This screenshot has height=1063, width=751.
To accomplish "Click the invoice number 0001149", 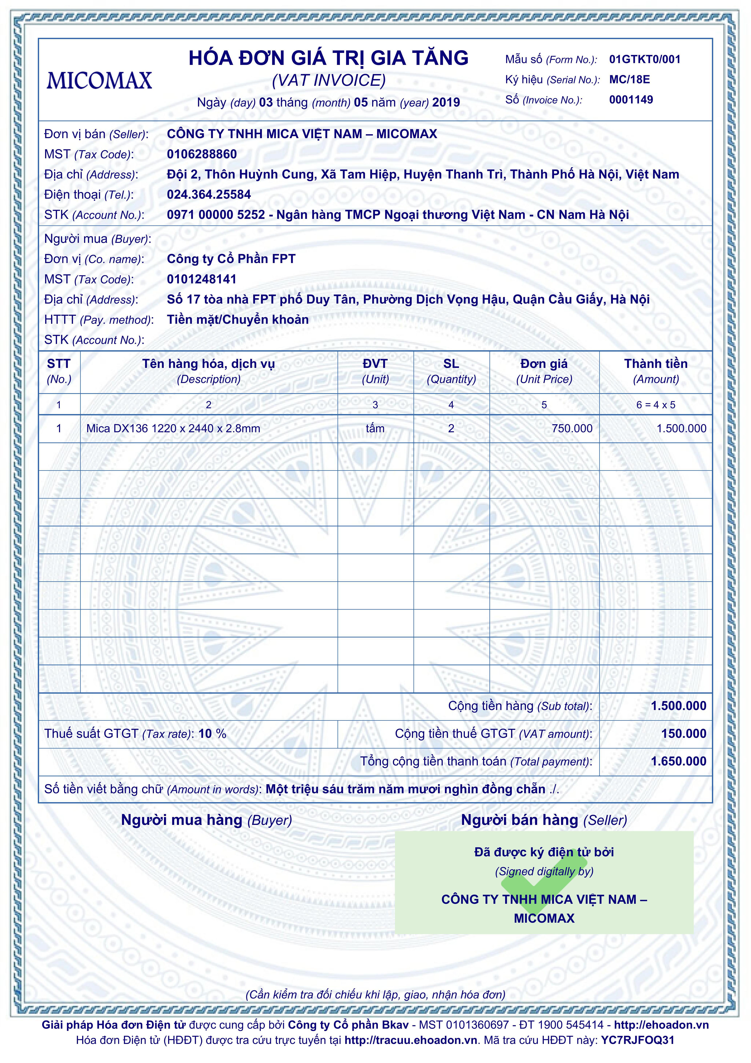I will pyautogui.click(x=631, y=100).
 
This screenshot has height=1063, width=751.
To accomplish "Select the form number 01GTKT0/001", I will pyautogui.click(x=644, y=59).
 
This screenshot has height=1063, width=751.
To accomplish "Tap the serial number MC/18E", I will pyautogui.click(x=629, y=80).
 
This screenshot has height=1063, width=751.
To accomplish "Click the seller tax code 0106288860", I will pyautogui.click(x=202, y=154).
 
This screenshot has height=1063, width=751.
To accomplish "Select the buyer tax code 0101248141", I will pyautogui.click(x=202, y=279).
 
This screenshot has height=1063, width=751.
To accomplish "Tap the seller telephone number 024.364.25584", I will pyautogui.click(x=209, y=194).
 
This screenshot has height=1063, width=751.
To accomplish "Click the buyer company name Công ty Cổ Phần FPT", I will pyautogui.click(x=231, y=259).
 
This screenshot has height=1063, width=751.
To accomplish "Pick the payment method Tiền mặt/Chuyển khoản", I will pyautogui.click(x=238, y=319).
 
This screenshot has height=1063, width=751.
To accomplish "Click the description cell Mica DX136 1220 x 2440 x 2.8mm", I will pyautogui.click(x=173, y=429).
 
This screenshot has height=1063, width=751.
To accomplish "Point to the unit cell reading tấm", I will pyautogui.click(x=375, y=429).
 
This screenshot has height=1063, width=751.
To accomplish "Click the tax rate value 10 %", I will pyautogui.click(x=212, y=734).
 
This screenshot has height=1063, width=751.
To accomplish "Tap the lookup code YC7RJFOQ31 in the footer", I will pyautogui.click(x=638, y=1040).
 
